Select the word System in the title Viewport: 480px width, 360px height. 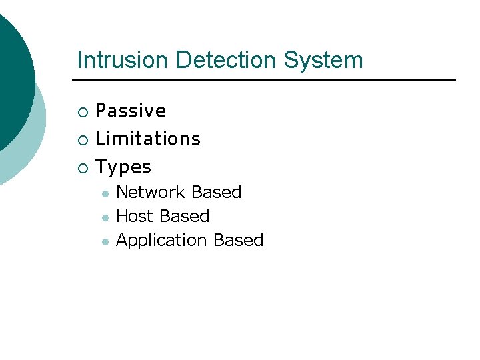323,60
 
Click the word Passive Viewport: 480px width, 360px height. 131,111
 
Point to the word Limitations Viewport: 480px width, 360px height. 148,139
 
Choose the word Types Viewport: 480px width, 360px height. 123,167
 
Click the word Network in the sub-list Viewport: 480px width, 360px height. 151,192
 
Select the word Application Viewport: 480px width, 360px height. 162,240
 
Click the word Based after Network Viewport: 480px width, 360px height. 216,192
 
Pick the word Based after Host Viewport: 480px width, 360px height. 184,216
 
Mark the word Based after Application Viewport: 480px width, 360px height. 239,240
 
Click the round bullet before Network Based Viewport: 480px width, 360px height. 105,193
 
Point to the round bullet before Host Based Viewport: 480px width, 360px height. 105,217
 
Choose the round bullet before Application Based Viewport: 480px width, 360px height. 105,241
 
